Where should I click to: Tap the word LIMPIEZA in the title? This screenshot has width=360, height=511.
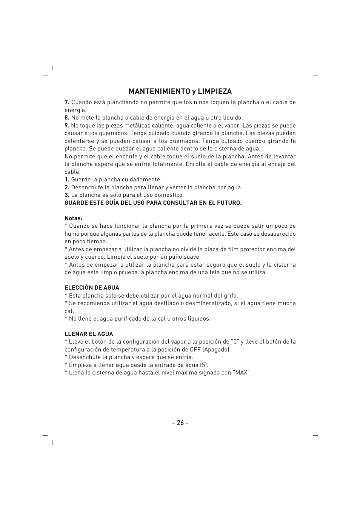[214, 91]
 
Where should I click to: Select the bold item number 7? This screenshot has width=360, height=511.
[67, 102]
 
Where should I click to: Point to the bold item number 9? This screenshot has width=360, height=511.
[67, 126]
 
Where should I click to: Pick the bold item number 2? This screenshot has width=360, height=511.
[67, 187]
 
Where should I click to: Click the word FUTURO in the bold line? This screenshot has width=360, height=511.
[229, 203]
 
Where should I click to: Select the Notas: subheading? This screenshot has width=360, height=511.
[73, 218]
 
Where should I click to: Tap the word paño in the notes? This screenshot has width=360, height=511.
[171, 257]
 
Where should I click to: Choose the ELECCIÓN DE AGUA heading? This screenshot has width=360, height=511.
[92, 288]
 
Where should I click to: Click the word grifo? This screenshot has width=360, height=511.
[231, 296]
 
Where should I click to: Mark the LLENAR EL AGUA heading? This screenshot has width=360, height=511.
[89, 334]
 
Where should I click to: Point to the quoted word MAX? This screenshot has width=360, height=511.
[242, 373]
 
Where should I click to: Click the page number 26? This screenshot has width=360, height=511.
[180, 423]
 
